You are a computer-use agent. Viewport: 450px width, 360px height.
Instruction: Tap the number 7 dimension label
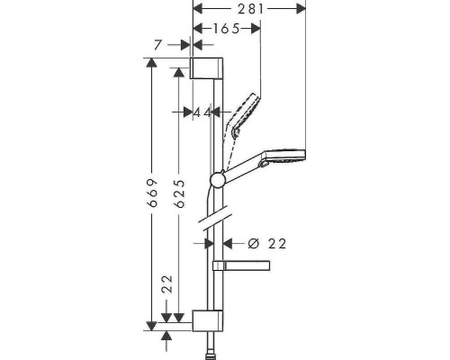click(x=158, y=43)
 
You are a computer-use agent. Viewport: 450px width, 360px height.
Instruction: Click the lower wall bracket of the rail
click(x=206, y=320)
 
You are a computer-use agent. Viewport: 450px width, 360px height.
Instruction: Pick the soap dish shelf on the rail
click(x=241, y=265)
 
